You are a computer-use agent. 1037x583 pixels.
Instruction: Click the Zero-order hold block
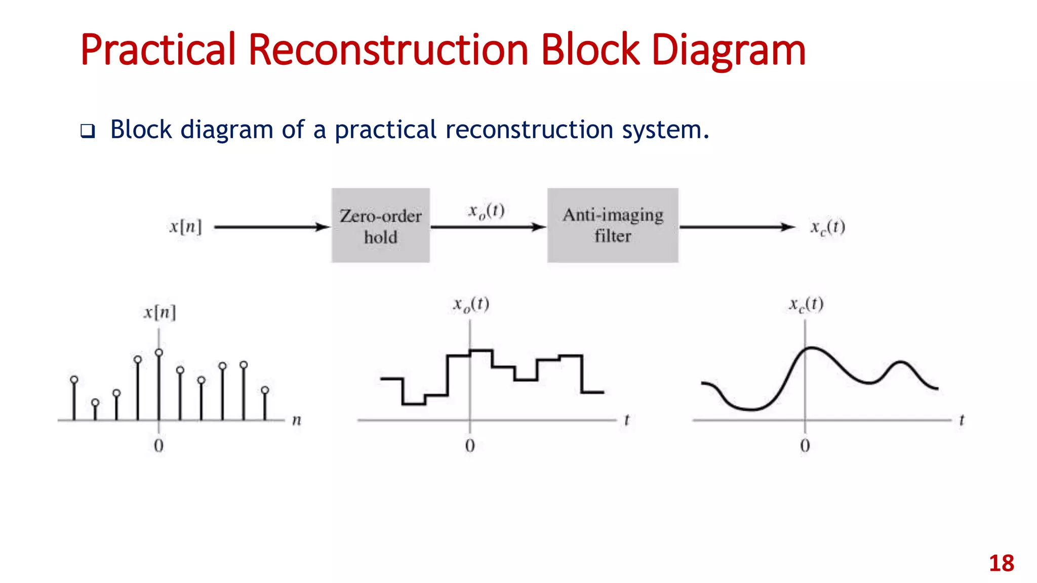coord(381,226)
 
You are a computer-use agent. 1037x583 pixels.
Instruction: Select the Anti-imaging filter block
coord(613,226)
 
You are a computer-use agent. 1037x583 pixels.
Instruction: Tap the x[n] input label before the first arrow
coord(185,227)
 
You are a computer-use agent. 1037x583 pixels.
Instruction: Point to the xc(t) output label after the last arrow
coord(827,228)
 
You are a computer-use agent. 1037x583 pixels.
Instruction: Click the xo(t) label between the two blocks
coord(486,211)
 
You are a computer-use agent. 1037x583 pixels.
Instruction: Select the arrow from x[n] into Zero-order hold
coord(272,227)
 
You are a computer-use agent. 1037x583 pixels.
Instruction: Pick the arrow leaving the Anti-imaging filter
coord(737,227)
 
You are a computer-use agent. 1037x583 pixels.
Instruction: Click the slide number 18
coord(1001,563)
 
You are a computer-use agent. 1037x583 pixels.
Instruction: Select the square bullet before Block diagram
coord(88,132)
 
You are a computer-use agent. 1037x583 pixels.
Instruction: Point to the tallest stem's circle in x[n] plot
coord(159,352)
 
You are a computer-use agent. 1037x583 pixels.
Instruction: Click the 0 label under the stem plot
coord(158,446)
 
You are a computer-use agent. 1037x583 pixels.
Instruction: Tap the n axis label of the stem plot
coord(297,421)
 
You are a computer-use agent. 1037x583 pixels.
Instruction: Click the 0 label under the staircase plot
coord(470,446)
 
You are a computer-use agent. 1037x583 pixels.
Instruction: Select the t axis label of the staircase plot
coord(627,420)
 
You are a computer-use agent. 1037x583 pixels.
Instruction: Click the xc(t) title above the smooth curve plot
coord(806,305)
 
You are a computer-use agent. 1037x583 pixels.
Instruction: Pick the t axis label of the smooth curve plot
coord(962,420)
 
